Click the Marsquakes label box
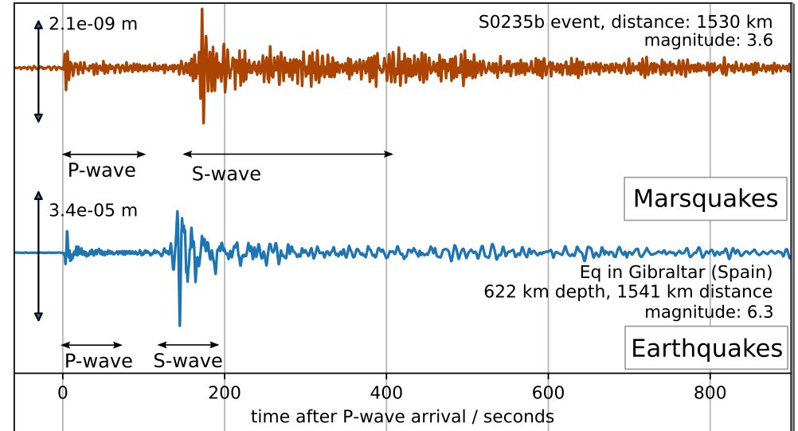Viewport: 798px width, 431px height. tap(704, 198)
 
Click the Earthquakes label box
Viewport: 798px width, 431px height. tap(706, 348)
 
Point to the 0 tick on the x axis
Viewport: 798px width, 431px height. tap(63, 391)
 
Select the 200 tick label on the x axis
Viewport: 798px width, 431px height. tap(225, 391)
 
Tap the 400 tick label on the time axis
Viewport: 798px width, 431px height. tap(386, 391)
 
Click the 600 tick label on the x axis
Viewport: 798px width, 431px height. tap(548, 391)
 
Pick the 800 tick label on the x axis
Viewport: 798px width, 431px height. tap(710, 391)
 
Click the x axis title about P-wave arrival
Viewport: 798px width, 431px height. tap(402, 416)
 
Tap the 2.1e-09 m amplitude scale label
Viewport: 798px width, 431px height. tap(92, 24)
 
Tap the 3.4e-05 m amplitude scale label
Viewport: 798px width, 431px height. tap(92, 210)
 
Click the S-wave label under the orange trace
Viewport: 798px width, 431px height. tap(226, 174)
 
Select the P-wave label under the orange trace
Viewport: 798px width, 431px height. tap(101, 170)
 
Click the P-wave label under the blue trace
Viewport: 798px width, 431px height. tap(98, 361)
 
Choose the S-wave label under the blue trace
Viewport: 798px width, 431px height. tap(188, 361)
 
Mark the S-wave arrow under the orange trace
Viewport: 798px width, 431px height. tap(287, 154)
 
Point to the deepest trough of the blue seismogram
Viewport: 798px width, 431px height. tap(180, 324)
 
